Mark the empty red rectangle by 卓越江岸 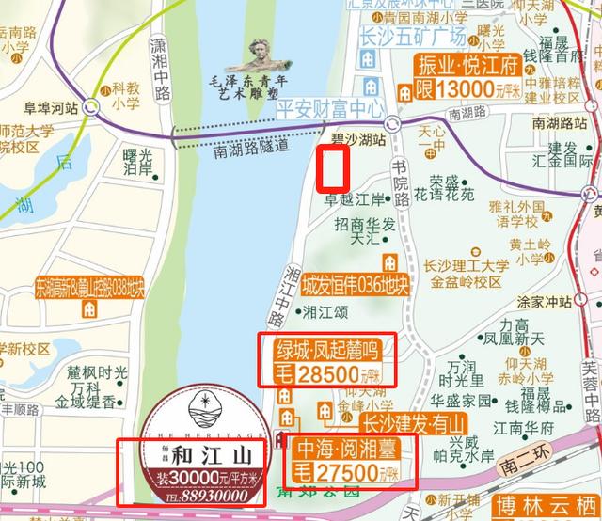pos(334,169)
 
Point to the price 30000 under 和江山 pos(197,477)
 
